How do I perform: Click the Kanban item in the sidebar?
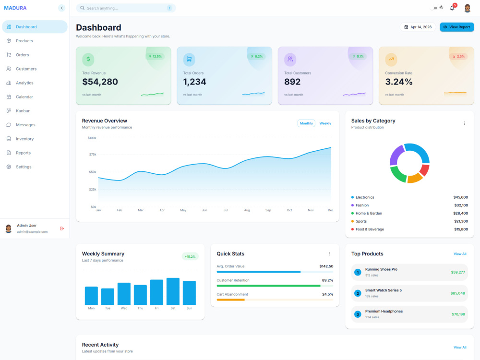click(x=23, y=111)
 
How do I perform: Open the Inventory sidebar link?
click(x=24, y=139)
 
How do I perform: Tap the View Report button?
click(x=457, y=27)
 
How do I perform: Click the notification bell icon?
click(x=452, y=8)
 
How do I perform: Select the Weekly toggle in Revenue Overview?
click(x=325, y=123)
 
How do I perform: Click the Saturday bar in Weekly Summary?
click(x=173, y=291)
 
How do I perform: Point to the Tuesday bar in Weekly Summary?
click(x=108, y=296)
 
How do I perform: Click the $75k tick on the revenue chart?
click(x=93, y=154)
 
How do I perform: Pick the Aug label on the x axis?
click(x=247, y=210)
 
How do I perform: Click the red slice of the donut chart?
click(x=424, y=170)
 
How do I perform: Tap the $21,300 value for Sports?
click(x=461, y=221)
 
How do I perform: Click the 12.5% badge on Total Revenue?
click(x=155, y=56)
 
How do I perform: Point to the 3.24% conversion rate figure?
click(x=398, y=82)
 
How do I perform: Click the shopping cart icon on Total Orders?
click(x=189, y=60)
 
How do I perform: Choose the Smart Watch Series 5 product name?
click(x=383, y=290)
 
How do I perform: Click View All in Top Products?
click(x=460, y=254)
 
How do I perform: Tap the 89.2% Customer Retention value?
click(x=327, y=280)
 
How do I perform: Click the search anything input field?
click(x=126, y=8)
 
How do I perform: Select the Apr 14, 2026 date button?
click(x=418, y=27)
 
